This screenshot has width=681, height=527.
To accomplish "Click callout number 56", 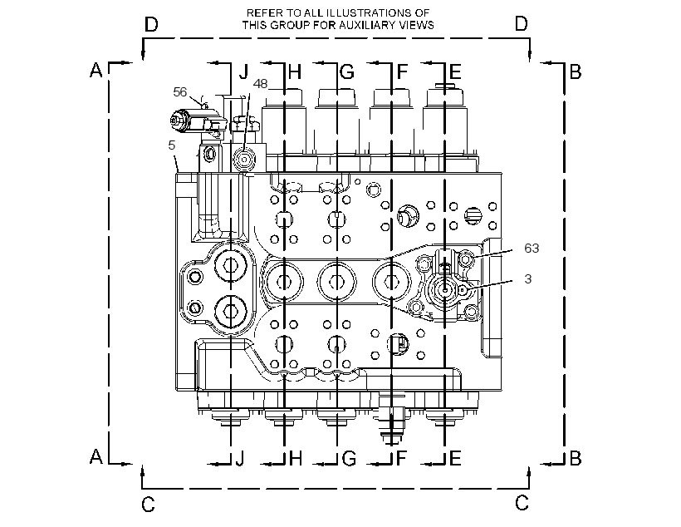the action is (180, 91).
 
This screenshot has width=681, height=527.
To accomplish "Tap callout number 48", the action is (260, 83).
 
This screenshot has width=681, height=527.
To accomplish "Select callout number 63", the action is (532, 248).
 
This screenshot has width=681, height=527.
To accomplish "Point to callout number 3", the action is (528, 278).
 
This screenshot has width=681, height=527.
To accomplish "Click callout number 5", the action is (172, 145).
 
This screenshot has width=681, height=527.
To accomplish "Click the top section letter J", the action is (244, 71).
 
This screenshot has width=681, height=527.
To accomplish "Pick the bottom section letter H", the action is (296, 458).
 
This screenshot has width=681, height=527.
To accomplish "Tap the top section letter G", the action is (347, 71).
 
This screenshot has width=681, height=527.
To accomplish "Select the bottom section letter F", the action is (402, 458).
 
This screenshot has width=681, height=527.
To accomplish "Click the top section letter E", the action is (455, 71).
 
